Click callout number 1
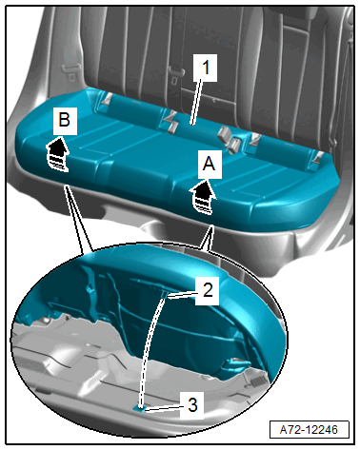pos(206,68)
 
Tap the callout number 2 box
pos(208,290)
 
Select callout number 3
pos(192,405)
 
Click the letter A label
pos(210,165)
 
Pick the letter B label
pos(65,121)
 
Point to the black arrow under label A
pos(203,197)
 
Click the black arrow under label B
pos(58,153)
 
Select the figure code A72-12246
pos(310,430)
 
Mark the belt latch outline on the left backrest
pos(70,70)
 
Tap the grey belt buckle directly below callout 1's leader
pos(171,127)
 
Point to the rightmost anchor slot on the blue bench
pos(317,158)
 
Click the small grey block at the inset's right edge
pos(256,380)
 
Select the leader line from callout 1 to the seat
pos(196,102)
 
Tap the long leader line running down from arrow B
pos(79,219)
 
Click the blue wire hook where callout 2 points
pos(166,295)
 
